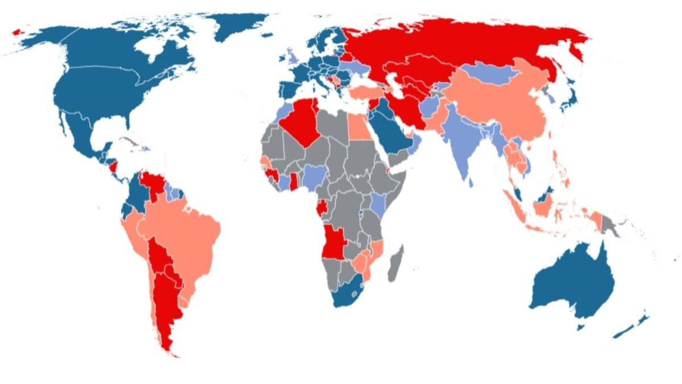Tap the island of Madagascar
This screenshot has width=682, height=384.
coord(396,262)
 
